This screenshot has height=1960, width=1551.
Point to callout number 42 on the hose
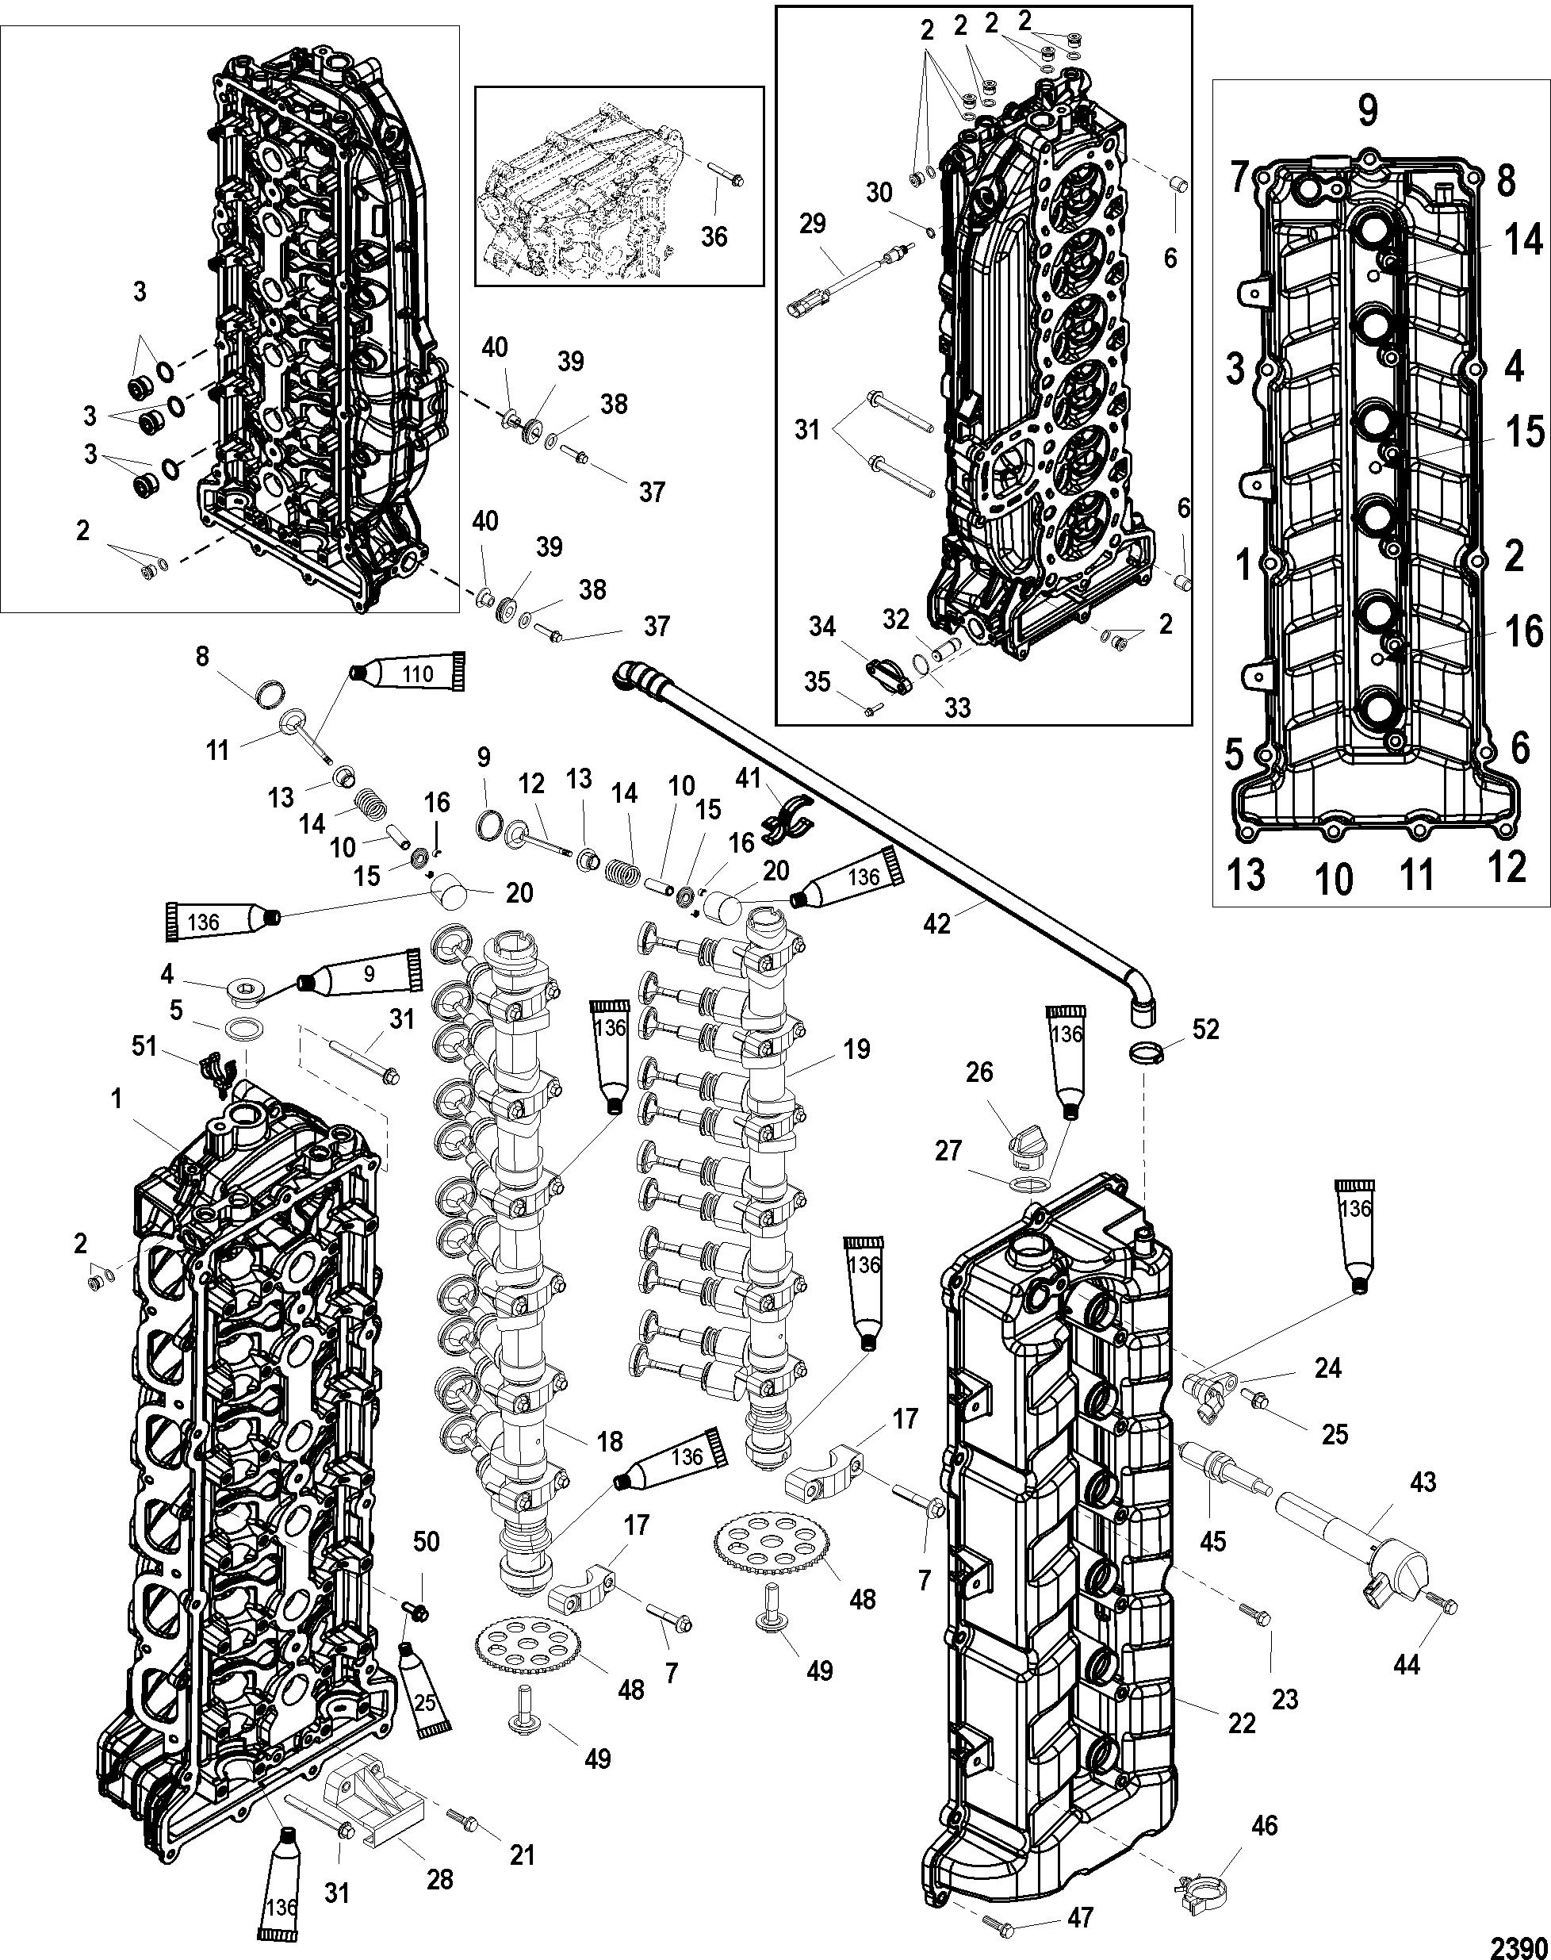tap(937, 922)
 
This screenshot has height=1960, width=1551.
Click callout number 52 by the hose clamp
tap(1206, 1030)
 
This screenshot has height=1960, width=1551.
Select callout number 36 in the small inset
tap(714, 236)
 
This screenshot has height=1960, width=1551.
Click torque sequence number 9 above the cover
tap(1368, 111)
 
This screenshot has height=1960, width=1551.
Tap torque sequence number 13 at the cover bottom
tap(1247, 875)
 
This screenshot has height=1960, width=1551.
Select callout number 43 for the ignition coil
tap(1423, 1482)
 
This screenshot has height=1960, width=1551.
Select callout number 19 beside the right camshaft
tap(856, 1050)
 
